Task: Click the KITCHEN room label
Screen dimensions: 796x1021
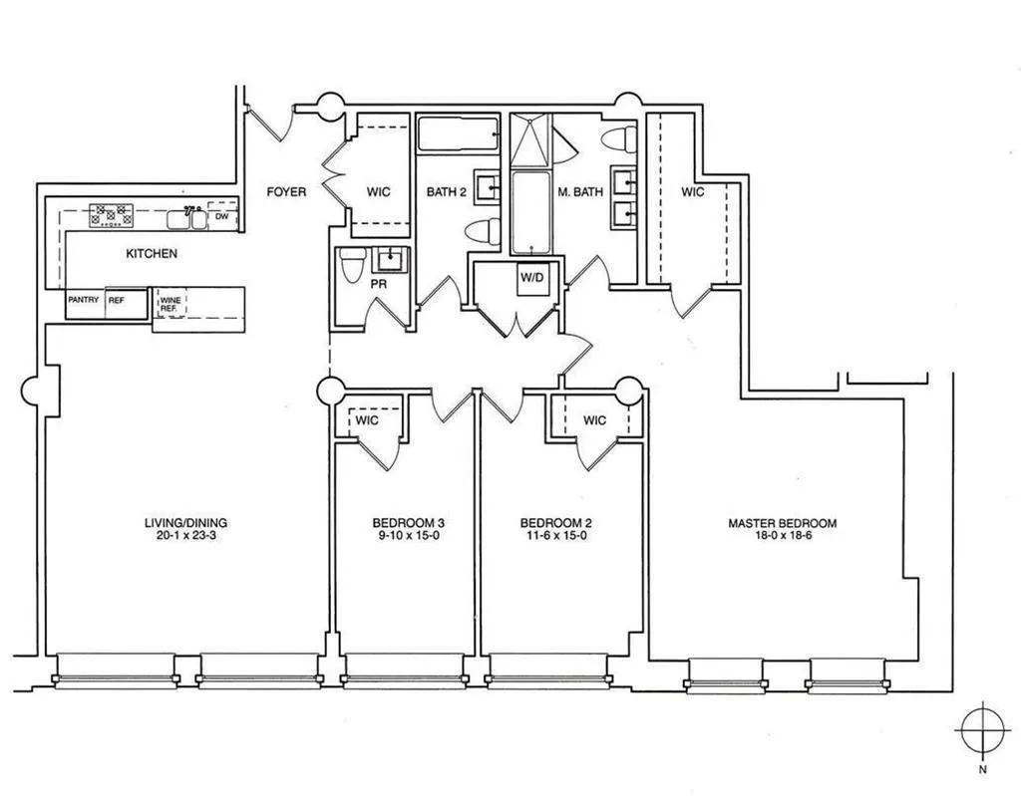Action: tap(152, 253)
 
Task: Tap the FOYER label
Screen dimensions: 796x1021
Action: tap(286, 191)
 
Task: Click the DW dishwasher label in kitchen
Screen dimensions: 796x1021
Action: tap(222, 216)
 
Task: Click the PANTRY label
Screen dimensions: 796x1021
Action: tap(83, 299)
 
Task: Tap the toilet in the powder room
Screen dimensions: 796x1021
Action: tap(351, 266)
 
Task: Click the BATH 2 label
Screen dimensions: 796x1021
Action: tap(446, 191)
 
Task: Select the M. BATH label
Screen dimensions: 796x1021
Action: tap(580, 191)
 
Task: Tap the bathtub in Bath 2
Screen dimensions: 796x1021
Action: tap(458, 133)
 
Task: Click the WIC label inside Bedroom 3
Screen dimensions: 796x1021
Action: tap(367, 420)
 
